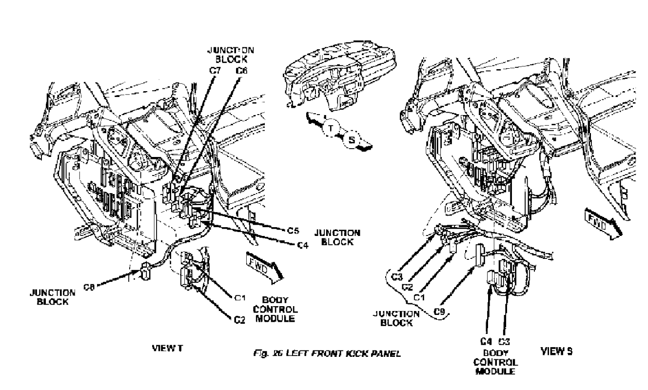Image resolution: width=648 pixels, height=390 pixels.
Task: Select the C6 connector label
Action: (241, 71)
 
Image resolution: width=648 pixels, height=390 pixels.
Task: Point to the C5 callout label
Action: (293, 230)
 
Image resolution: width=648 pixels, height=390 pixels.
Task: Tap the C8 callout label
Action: (88, 287)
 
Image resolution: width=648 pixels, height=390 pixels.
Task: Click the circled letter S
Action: (352, 141)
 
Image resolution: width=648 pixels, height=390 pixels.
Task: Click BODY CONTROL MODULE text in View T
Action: (280, 309)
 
